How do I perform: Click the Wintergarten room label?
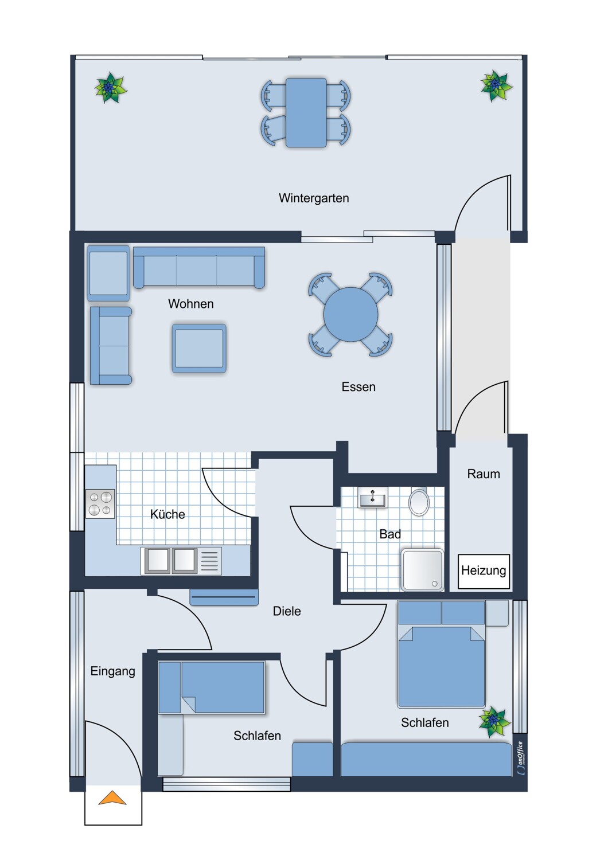pos(314,198)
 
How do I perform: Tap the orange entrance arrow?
pos(112,798)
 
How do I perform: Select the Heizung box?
pos(484,571)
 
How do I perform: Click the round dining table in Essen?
pos(350,314)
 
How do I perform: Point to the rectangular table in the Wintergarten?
pos(306,112)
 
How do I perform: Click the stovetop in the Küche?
pos(100,503)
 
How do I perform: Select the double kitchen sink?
pos(172,561)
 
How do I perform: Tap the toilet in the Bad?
pos(419,502)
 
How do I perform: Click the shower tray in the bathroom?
pos(423,570)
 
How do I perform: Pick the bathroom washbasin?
pos(372,498)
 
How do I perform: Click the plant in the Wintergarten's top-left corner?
pos(110,88)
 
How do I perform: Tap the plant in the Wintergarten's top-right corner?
pos(495,85)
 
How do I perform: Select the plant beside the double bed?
pos(494,722)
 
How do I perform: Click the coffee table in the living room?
pos(199,348)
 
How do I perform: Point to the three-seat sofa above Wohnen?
pos(198,268)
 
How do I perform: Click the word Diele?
pos(287,611)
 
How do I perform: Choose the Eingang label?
pos(112,671)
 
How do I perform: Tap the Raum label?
pos(484,474)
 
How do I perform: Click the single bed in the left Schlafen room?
pos(212,687)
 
